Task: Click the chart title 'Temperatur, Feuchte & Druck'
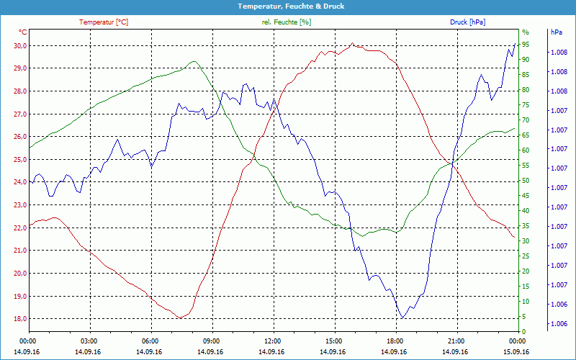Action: (x=287, y=6)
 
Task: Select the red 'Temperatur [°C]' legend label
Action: (x=104, y=22)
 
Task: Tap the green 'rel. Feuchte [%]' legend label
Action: (x=287, y=22)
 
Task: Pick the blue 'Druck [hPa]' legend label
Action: (x=467, y=22)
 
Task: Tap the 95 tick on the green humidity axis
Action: (x=526, y=45)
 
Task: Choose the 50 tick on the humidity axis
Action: (x=526, y=181)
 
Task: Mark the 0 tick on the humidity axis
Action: (x=523, y=332)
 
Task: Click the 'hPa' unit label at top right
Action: (x=556, y=32)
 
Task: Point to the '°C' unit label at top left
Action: (x=22, y=32)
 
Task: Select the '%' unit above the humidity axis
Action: (x=525, y=32)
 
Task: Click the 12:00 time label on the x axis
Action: (x=273, y=341)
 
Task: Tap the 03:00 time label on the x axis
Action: (x=89, y=341)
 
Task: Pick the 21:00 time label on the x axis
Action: (x=456, y=341)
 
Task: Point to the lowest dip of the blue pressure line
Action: (x=402, y=318)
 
